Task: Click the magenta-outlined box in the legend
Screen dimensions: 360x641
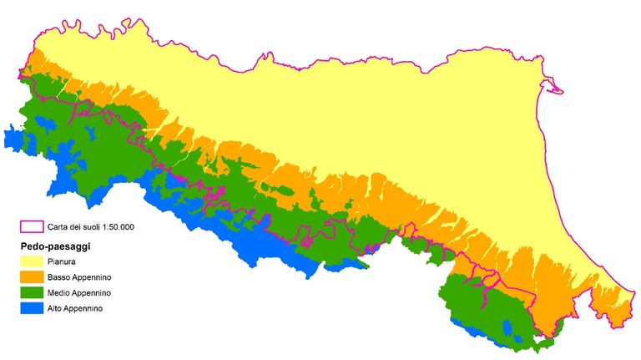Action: [x=32, y=226]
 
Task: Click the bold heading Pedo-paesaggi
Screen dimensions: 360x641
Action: [x=55, y=247]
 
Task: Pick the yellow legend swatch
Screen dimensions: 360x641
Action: [x=32, y=261]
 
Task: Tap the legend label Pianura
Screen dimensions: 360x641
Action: [x=62, y=261]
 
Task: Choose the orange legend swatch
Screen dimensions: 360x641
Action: [x=32, y=277]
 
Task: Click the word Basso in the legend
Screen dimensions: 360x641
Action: [x=59, y=277]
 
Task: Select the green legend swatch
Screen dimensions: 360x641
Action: [x=32, y=293]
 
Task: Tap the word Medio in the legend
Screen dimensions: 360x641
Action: [x=60, y=293]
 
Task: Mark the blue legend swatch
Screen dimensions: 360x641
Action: [x=32, y=309]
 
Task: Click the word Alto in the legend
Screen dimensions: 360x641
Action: [x=56, y=309]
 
